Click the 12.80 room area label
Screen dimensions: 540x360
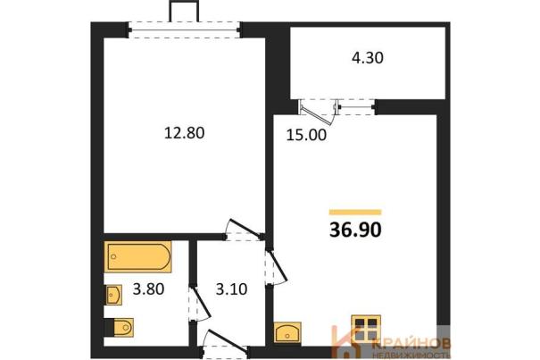(x=184, y=133)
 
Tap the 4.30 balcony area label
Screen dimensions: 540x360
(x=368, y=58)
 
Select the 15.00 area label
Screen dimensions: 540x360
(x=306, y=135)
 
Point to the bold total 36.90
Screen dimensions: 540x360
(x=355, y=230)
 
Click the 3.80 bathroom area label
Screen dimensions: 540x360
(x=148, y=289)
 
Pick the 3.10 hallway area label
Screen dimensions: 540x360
(x=231, y=289)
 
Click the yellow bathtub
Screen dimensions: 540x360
(x=137, y=257)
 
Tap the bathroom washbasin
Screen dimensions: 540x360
(x=113, y=295)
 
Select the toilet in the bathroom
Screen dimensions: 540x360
(x=119, y=327)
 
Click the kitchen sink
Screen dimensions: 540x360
(x=287, y=332)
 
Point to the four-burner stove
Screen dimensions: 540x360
(x=366, y=328)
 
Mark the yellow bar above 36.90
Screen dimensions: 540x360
(x=355, y=212)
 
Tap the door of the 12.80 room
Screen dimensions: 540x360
(x=244, y=230)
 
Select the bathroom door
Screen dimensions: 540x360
(x=199, y=303)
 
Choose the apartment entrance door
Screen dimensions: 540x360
(x=226, y=341)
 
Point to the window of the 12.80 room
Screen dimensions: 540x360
(x=184, y=29)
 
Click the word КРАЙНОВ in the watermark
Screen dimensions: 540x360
(x=411, y=343)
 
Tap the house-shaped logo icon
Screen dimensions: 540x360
(x=347, y=342)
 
